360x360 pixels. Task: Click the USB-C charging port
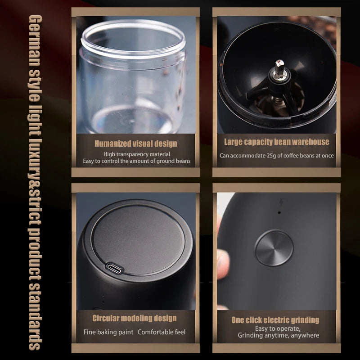click(114, 268)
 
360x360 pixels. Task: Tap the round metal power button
click(274, 248)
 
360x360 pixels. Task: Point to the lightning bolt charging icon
click(281, 202)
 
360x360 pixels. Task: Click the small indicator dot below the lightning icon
click(279, 212)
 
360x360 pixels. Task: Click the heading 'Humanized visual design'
click(136, 144)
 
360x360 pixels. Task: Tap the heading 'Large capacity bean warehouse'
click(277, 142)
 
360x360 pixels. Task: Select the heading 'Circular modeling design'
click(135, 318)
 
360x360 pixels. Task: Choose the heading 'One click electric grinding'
click(275, 320)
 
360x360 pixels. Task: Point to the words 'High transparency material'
click(137, 154)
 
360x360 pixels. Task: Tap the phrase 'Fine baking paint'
click(108, 332)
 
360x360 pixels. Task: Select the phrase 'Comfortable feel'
click(162, 332)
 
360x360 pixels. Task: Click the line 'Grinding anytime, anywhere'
click(278, 335)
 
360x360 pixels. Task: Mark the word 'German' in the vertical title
click(35, 41)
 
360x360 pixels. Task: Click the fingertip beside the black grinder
click(223, 264)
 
